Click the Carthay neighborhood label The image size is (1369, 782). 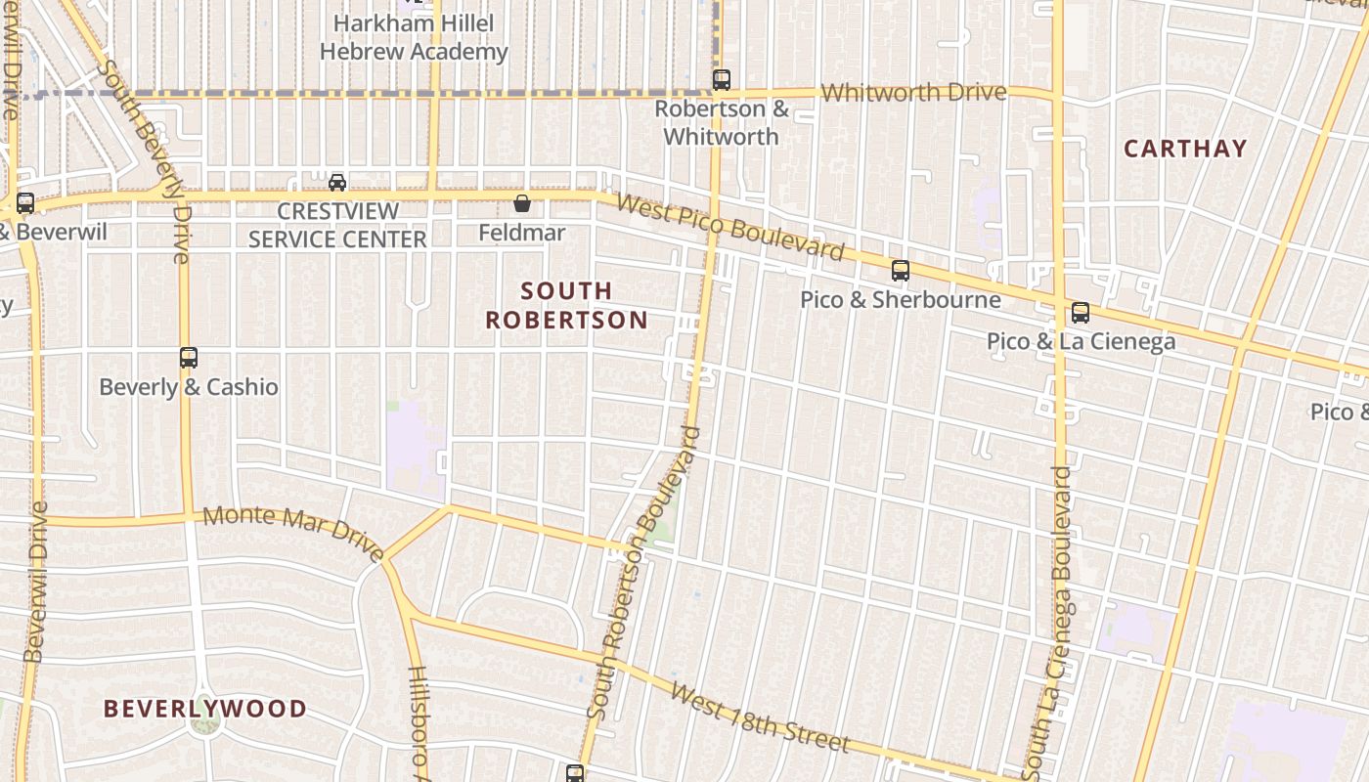pyautogui.click(x=1185, y=149)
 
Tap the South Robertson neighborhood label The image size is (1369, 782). pyautogui.click(x=566, y=305)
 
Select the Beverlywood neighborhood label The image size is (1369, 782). pyautogui.click(x=205, y=708)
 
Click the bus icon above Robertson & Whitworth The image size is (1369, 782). pyautogui.click(x=722, y=79)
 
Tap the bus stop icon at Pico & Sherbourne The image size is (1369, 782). pyautogui.click(x=901, y=271)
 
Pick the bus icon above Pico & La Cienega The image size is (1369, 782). pyautogui.click(x=1081, y=313)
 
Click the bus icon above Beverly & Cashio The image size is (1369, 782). pyautogui.click(x=189, y=358)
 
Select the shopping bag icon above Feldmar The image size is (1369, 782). pyautogui.click(x=522, y=203)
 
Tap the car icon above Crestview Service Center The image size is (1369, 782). pyautogui.click(x=337, y=182)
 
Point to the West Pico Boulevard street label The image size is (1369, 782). pyautogui.click(x=730, y=228)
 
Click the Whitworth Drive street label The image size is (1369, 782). pyautogui.click(x=913, y=93)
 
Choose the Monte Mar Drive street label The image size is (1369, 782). pyautogui.click(x=293, y=533)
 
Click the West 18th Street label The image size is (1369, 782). pyautogui.click(x=759, y=717)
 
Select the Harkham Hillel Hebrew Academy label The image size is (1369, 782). pyautogui.click(x=414, y=37)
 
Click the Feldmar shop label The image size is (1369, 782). pyautogui.click(x=522, y=233)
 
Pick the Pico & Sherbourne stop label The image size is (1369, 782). pyautogui.click(x=901, y=299)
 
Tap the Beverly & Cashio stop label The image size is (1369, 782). pyautogui.click(x=189, y=387)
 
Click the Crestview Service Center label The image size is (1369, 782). pyautogui.click(x=337, y=225)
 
